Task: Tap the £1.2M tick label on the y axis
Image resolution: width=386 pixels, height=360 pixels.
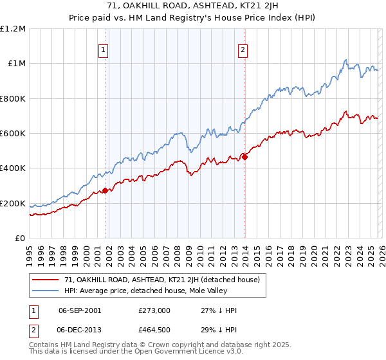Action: [13, 29]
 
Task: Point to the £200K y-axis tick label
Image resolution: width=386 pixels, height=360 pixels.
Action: [13, 204]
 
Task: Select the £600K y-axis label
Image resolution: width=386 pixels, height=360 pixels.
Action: [13, 134]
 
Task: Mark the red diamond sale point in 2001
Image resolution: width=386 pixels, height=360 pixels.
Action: [105, 190]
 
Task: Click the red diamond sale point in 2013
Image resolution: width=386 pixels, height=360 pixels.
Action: [244, 156]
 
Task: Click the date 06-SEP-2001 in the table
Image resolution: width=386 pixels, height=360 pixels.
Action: [79, 310]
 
